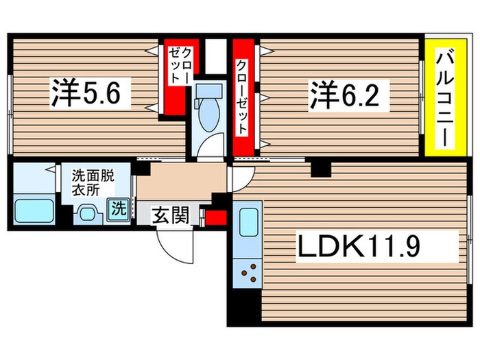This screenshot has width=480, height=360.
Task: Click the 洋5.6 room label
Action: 91,94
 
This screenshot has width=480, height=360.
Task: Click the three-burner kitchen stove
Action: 249,273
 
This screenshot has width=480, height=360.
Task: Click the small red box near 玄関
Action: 216,218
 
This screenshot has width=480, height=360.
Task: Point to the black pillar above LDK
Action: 320,167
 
